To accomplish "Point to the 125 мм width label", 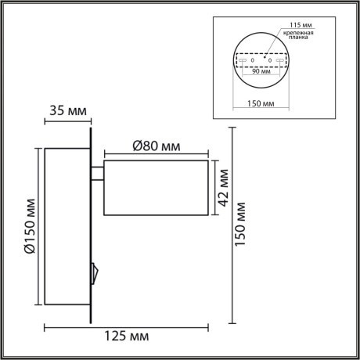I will tap(125, 337).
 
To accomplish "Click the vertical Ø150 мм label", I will tap(28, 227).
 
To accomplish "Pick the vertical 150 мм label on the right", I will tap(244, 225).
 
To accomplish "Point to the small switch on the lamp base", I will tap(95, 273).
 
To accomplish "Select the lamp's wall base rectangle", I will tap(67, 226).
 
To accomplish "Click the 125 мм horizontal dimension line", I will tap(125, 326).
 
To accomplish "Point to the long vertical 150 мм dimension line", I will tap(232, 225).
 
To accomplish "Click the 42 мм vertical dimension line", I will tap(212, 188).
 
